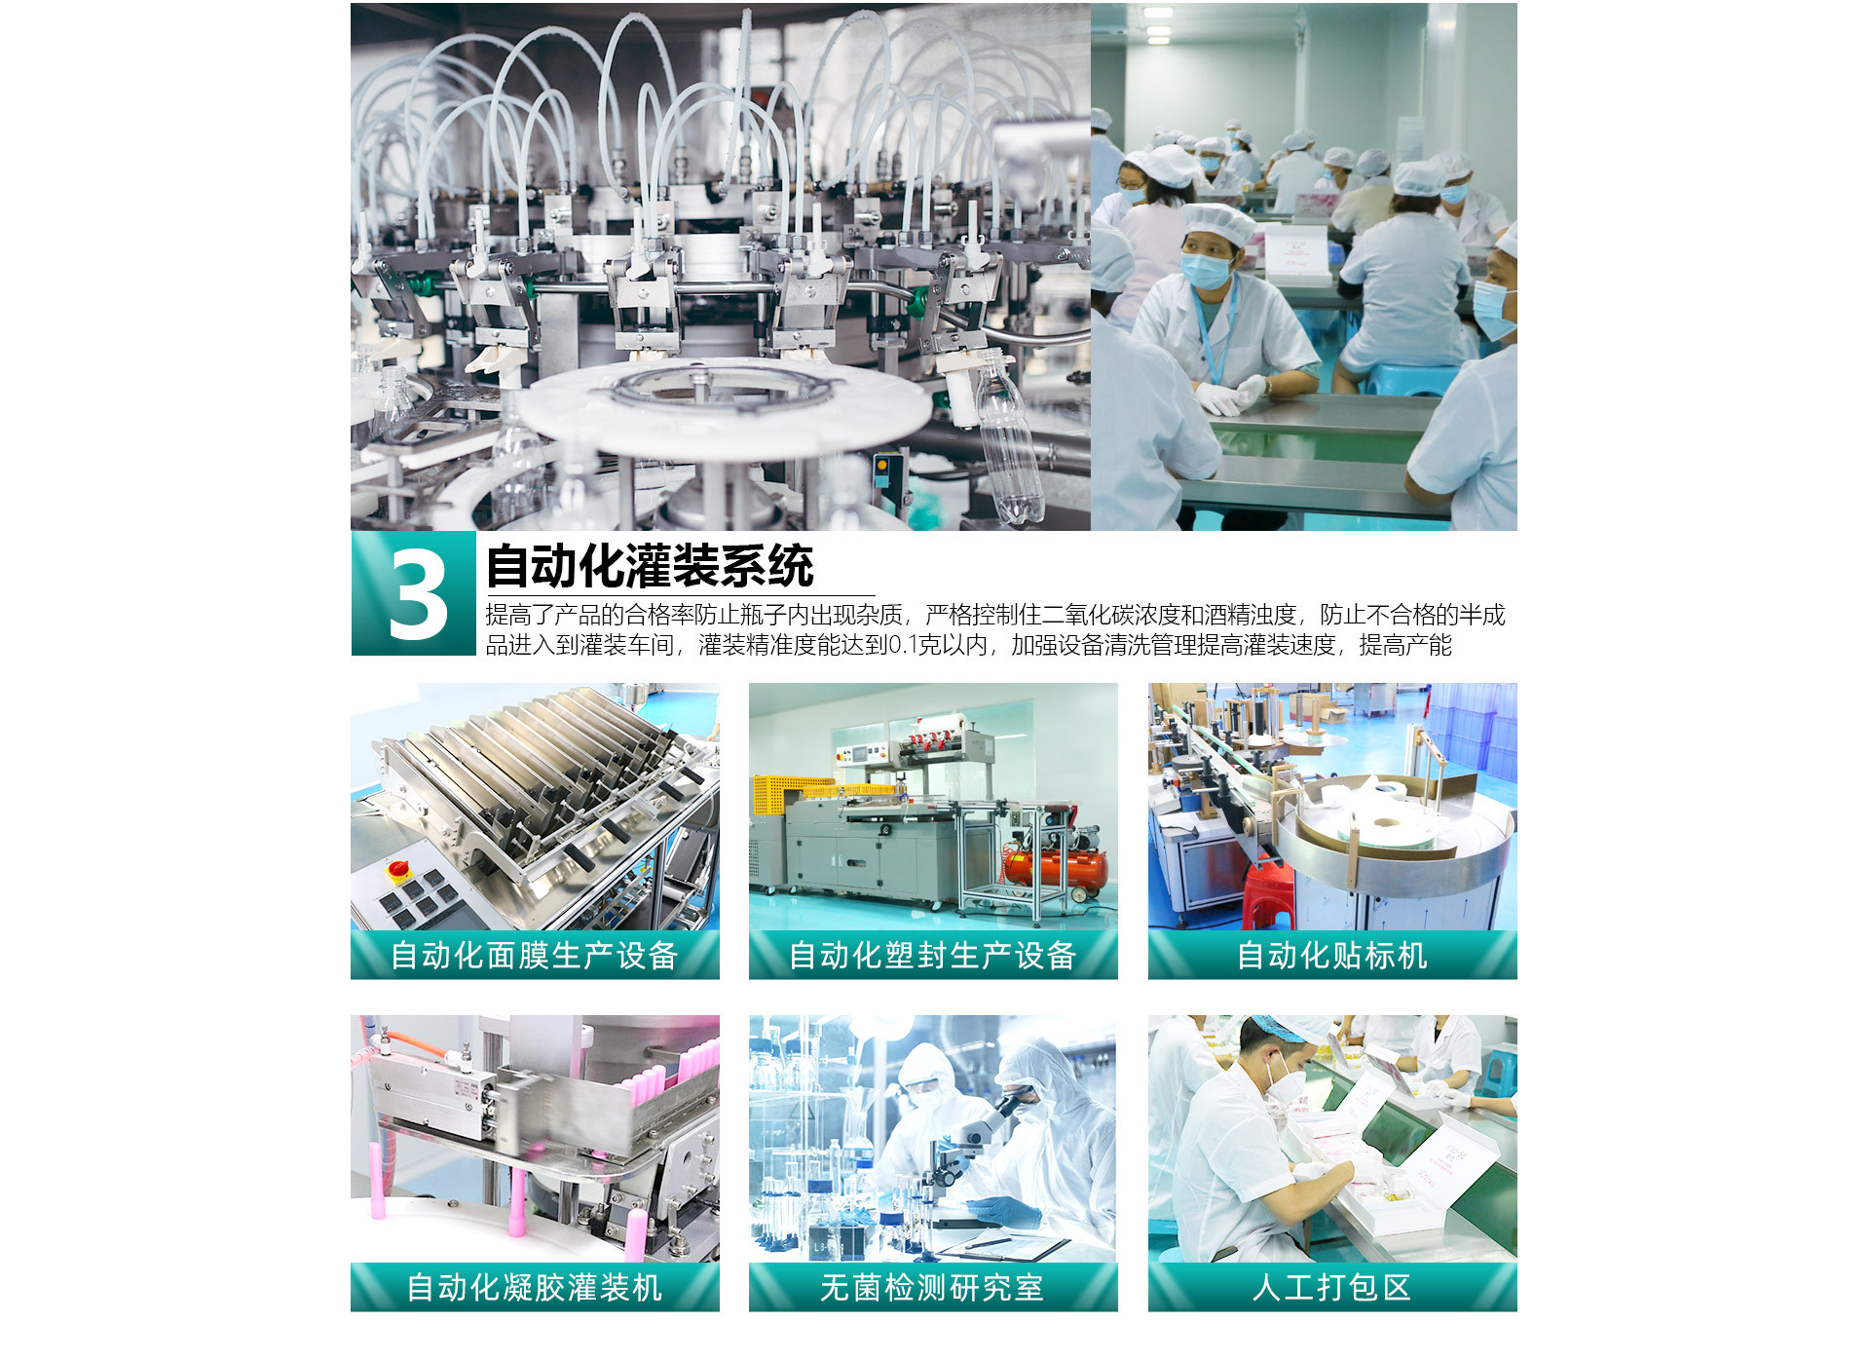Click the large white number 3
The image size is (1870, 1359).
point(418,594)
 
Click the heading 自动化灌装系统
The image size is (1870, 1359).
point(650,566)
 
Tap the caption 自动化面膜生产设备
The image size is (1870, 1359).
point(534,956)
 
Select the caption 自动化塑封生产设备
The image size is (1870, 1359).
point(932,956)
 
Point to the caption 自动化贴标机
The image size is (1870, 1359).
point(1332,956)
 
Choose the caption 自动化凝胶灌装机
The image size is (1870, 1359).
point(535,1288)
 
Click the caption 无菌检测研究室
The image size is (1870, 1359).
point(932,1288)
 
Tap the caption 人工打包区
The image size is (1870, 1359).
point(1331,1288)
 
